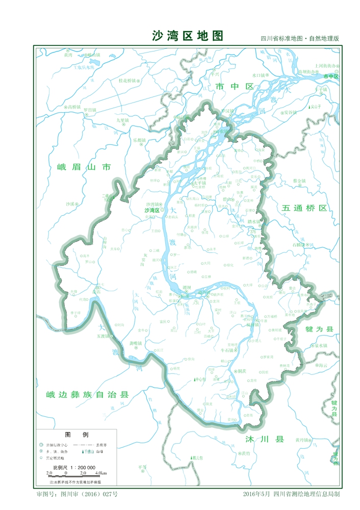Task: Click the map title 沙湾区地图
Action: (x=188, y=36)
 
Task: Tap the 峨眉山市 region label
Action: (x=84, y=167)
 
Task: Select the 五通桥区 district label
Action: (x=304, y=209)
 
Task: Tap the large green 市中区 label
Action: (x=235, y=87)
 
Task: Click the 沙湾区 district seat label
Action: (x=152, y=210)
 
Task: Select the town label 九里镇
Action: (x=123, y=120)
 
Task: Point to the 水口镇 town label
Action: (x=268, y=75)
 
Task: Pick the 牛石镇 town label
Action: (x=226, y=351)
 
